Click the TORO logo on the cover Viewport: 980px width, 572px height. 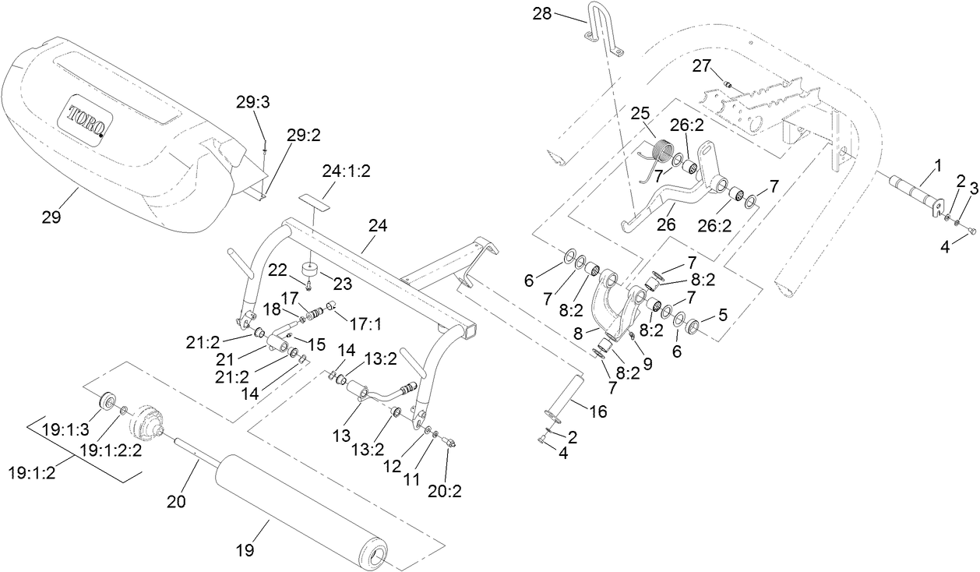tap(88, 121)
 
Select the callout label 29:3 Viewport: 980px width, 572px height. tap(251, 102)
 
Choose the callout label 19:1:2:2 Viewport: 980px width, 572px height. tap(111, 450)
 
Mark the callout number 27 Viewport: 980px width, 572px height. tap(702, 66)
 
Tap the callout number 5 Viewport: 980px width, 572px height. tap(723, 316)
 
